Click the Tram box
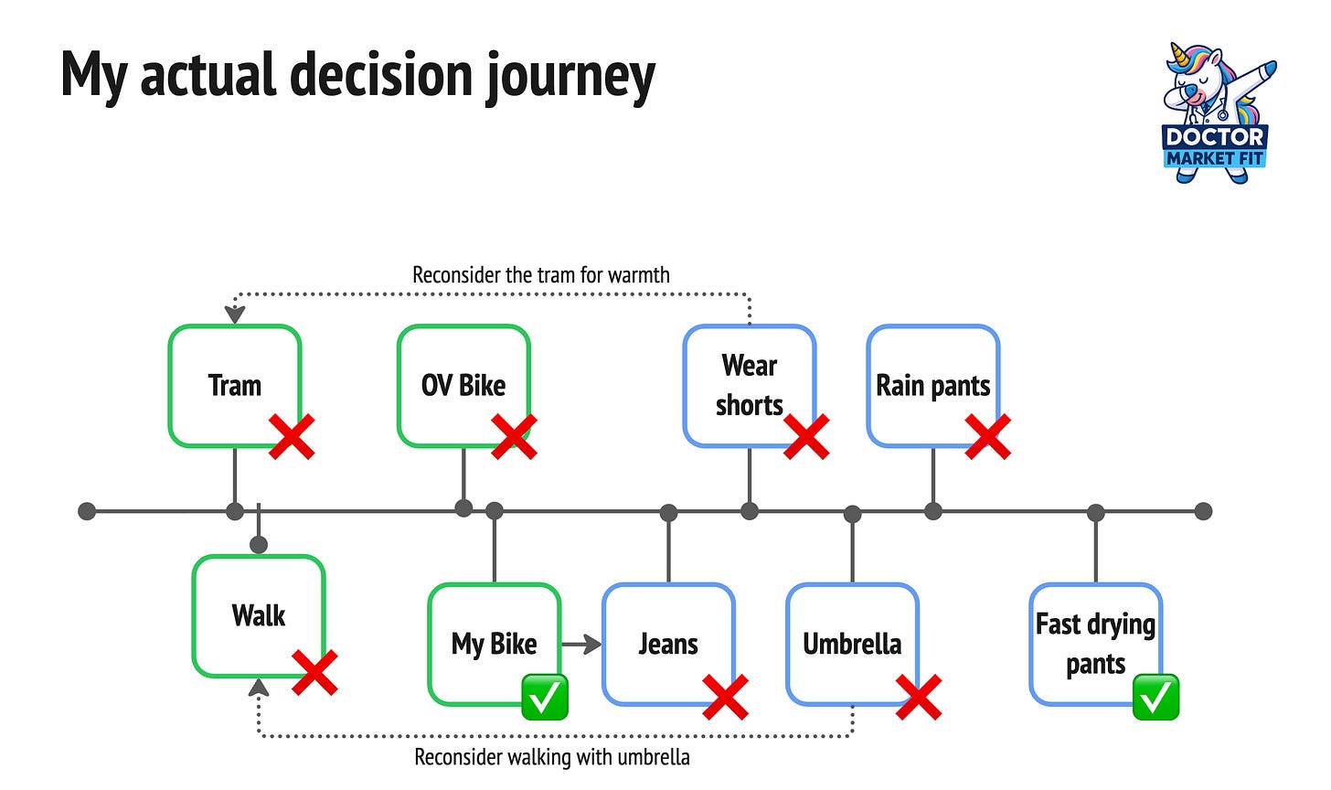(235, 385)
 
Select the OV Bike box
(463, 385)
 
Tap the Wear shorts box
(750, 385)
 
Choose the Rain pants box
(932, 385)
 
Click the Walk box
(259, 616)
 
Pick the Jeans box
(668, 644)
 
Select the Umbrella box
(853, 644)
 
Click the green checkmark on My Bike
(545, 697)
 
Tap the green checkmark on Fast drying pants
(1155, 697)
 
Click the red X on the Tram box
(292, 437)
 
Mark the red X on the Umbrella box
(919, 697)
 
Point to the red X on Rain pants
(987, 437)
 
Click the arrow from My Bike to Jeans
(581, 644)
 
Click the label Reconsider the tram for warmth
(541, 275)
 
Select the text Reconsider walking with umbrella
(552, 757)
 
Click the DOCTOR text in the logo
(1215, 137)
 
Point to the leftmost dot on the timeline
(87, 511)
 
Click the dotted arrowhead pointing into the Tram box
(235, 315)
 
